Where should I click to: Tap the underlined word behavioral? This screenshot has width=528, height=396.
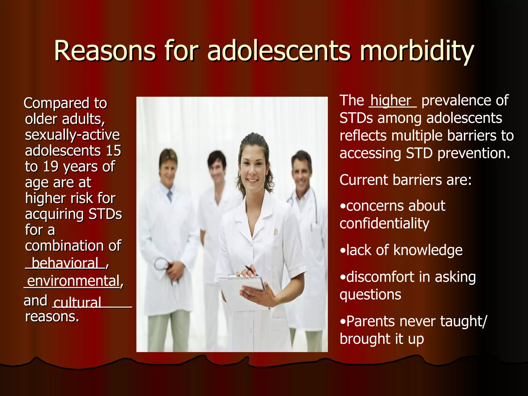click(65, 263)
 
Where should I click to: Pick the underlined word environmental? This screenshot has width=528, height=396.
click(73, 281)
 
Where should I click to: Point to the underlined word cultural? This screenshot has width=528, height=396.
click(77, 302)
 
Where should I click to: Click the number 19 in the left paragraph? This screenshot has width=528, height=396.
click(51, 167)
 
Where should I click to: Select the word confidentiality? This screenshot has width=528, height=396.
click(384, 223)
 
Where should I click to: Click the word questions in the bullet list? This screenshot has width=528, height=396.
click(370, 294)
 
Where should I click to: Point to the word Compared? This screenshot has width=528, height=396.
click(56, 103)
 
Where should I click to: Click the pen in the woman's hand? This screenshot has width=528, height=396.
click(250, 270)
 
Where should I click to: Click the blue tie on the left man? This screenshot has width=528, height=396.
click(170, 196)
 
